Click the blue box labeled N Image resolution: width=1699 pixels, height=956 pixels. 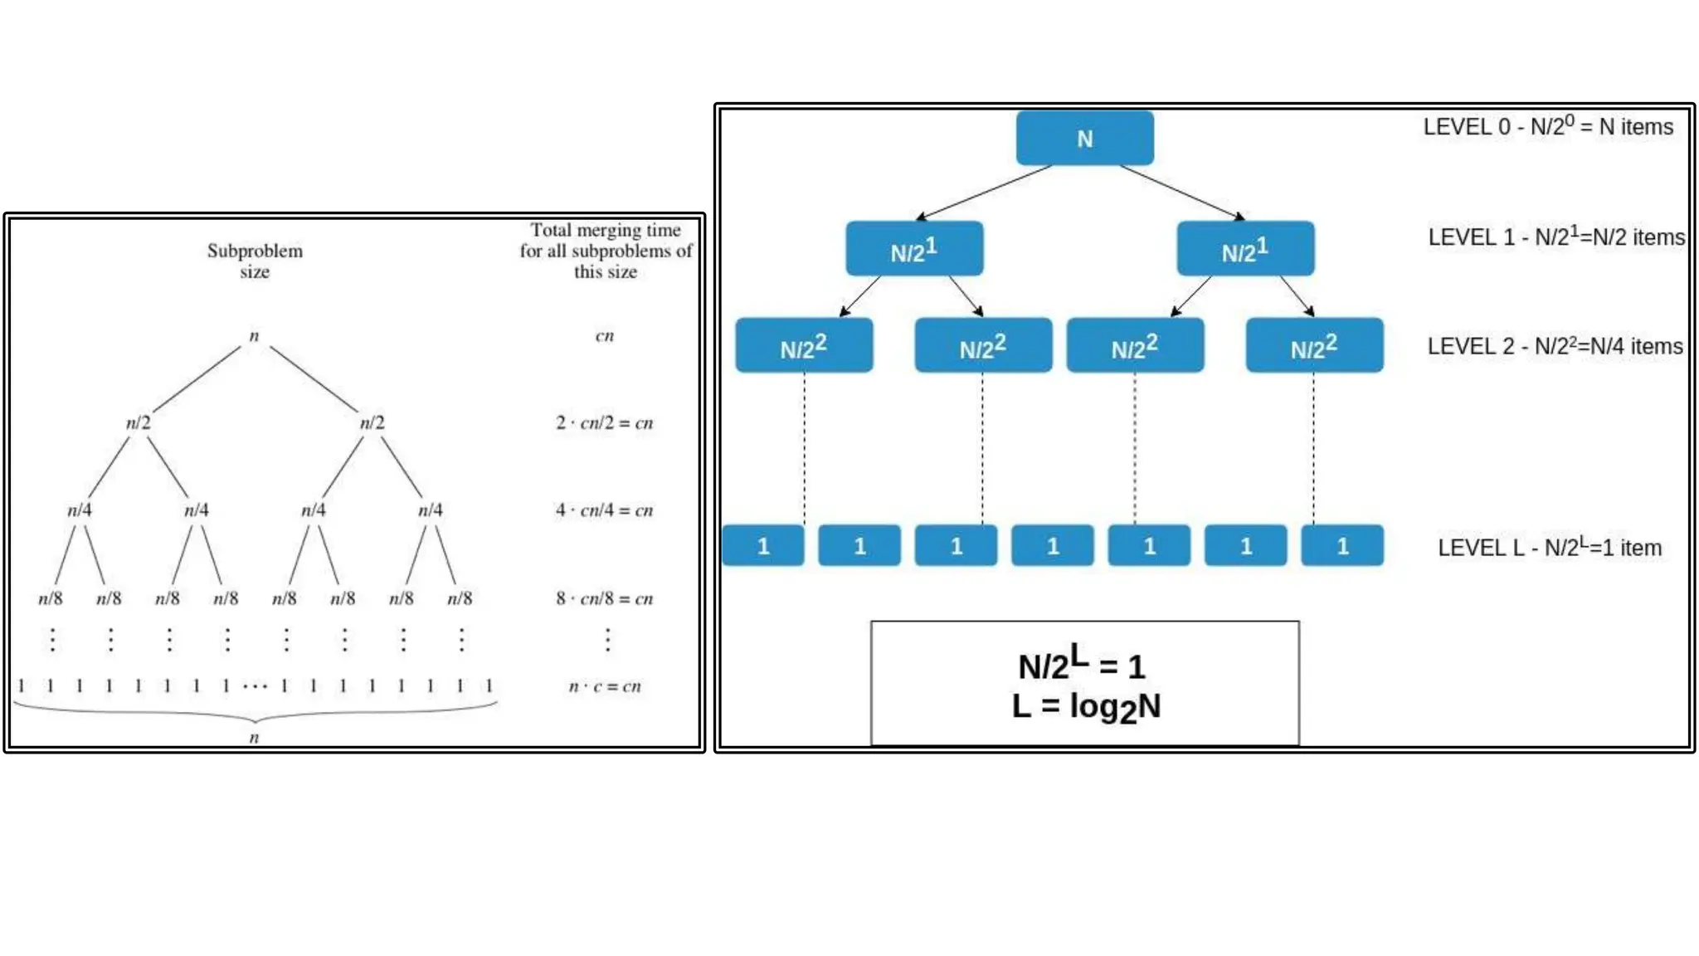(1084, 139)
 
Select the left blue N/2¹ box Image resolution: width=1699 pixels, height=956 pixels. (914, 249)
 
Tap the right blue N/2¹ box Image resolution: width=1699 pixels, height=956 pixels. (1245, 249)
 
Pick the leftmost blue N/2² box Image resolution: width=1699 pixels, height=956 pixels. (804, 346)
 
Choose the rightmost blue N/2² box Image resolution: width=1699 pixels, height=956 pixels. (1314, 346)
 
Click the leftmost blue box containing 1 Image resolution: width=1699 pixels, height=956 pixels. (763, 546)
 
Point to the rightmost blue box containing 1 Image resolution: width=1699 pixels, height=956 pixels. (1342, 546)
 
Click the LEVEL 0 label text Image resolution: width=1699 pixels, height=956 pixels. (1548, 127)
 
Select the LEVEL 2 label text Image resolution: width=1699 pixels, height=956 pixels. (1555, 346)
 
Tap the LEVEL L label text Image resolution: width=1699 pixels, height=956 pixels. (1549, 548)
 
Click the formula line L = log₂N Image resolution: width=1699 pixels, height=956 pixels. (1086, 707)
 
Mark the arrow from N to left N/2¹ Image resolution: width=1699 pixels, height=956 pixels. (984, 193)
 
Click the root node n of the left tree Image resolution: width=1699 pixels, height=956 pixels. (254, 336)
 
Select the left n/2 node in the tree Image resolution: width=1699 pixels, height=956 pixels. (139, 423)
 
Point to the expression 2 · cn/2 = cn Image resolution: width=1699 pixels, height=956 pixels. (604, 423)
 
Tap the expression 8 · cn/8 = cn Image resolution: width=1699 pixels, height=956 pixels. (604, 598)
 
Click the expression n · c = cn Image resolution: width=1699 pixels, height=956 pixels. (604, 686)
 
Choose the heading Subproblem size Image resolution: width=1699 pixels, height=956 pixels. (255, 261)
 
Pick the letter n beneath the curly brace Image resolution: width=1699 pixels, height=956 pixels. (254, 738)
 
